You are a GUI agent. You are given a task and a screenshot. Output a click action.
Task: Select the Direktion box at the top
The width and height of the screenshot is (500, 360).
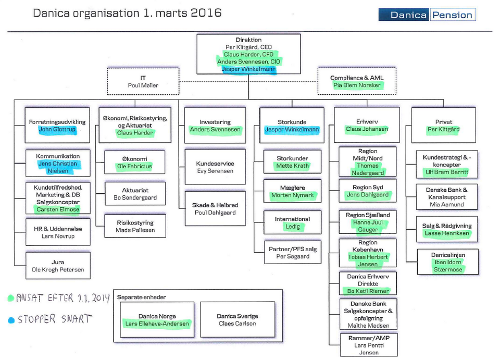(248, 54)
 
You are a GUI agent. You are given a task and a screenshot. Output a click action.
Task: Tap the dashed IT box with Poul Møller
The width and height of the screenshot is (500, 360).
(143, 81)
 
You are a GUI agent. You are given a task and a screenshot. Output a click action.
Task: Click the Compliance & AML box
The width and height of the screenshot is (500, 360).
(357, 81)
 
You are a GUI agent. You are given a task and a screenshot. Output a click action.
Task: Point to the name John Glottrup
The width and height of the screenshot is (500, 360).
(57, 130)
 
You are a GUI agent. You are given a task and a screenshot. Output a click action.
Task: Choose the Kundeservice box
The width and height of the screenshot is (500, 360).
(215, 167)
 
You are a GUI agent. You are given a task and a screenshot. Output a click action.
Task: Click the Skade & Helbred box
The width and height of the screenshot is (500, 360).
(215, 208)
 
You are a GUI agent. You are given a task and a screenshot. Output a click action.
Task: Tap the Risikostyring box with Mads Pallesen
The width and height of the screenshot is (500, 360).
(135, 226)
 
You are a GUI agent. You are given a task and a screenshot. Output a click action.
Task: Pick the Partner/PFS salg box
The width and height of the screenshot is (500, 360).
(292, 253)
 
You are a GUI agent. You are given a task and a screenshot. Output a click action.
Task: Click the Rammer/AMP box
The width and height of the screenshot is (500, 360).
(369, 345)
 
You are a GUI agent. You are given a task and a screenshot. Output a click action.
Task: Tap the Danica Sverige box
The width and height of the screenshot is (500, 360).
(237, 320)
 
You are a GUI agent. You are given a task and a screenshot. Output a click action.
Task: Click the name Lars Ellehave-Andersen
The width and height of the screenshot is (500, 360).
(157, 324)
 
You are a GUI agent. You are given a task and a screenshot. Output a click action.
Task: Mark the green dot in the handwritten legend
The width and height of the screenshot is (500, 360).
(11, 299)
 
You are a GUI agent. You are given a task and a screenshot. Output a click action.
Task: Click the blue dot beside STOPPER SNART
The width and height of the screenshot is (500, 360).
(11, 320)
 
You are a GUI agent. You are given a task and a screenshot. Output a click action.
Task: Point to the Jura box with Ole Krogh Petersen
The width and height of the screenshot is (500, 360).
(58, 266)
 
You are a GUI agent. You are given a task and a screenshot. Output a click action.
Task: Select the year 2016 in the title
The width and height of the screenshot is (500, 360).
(199, 13)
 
